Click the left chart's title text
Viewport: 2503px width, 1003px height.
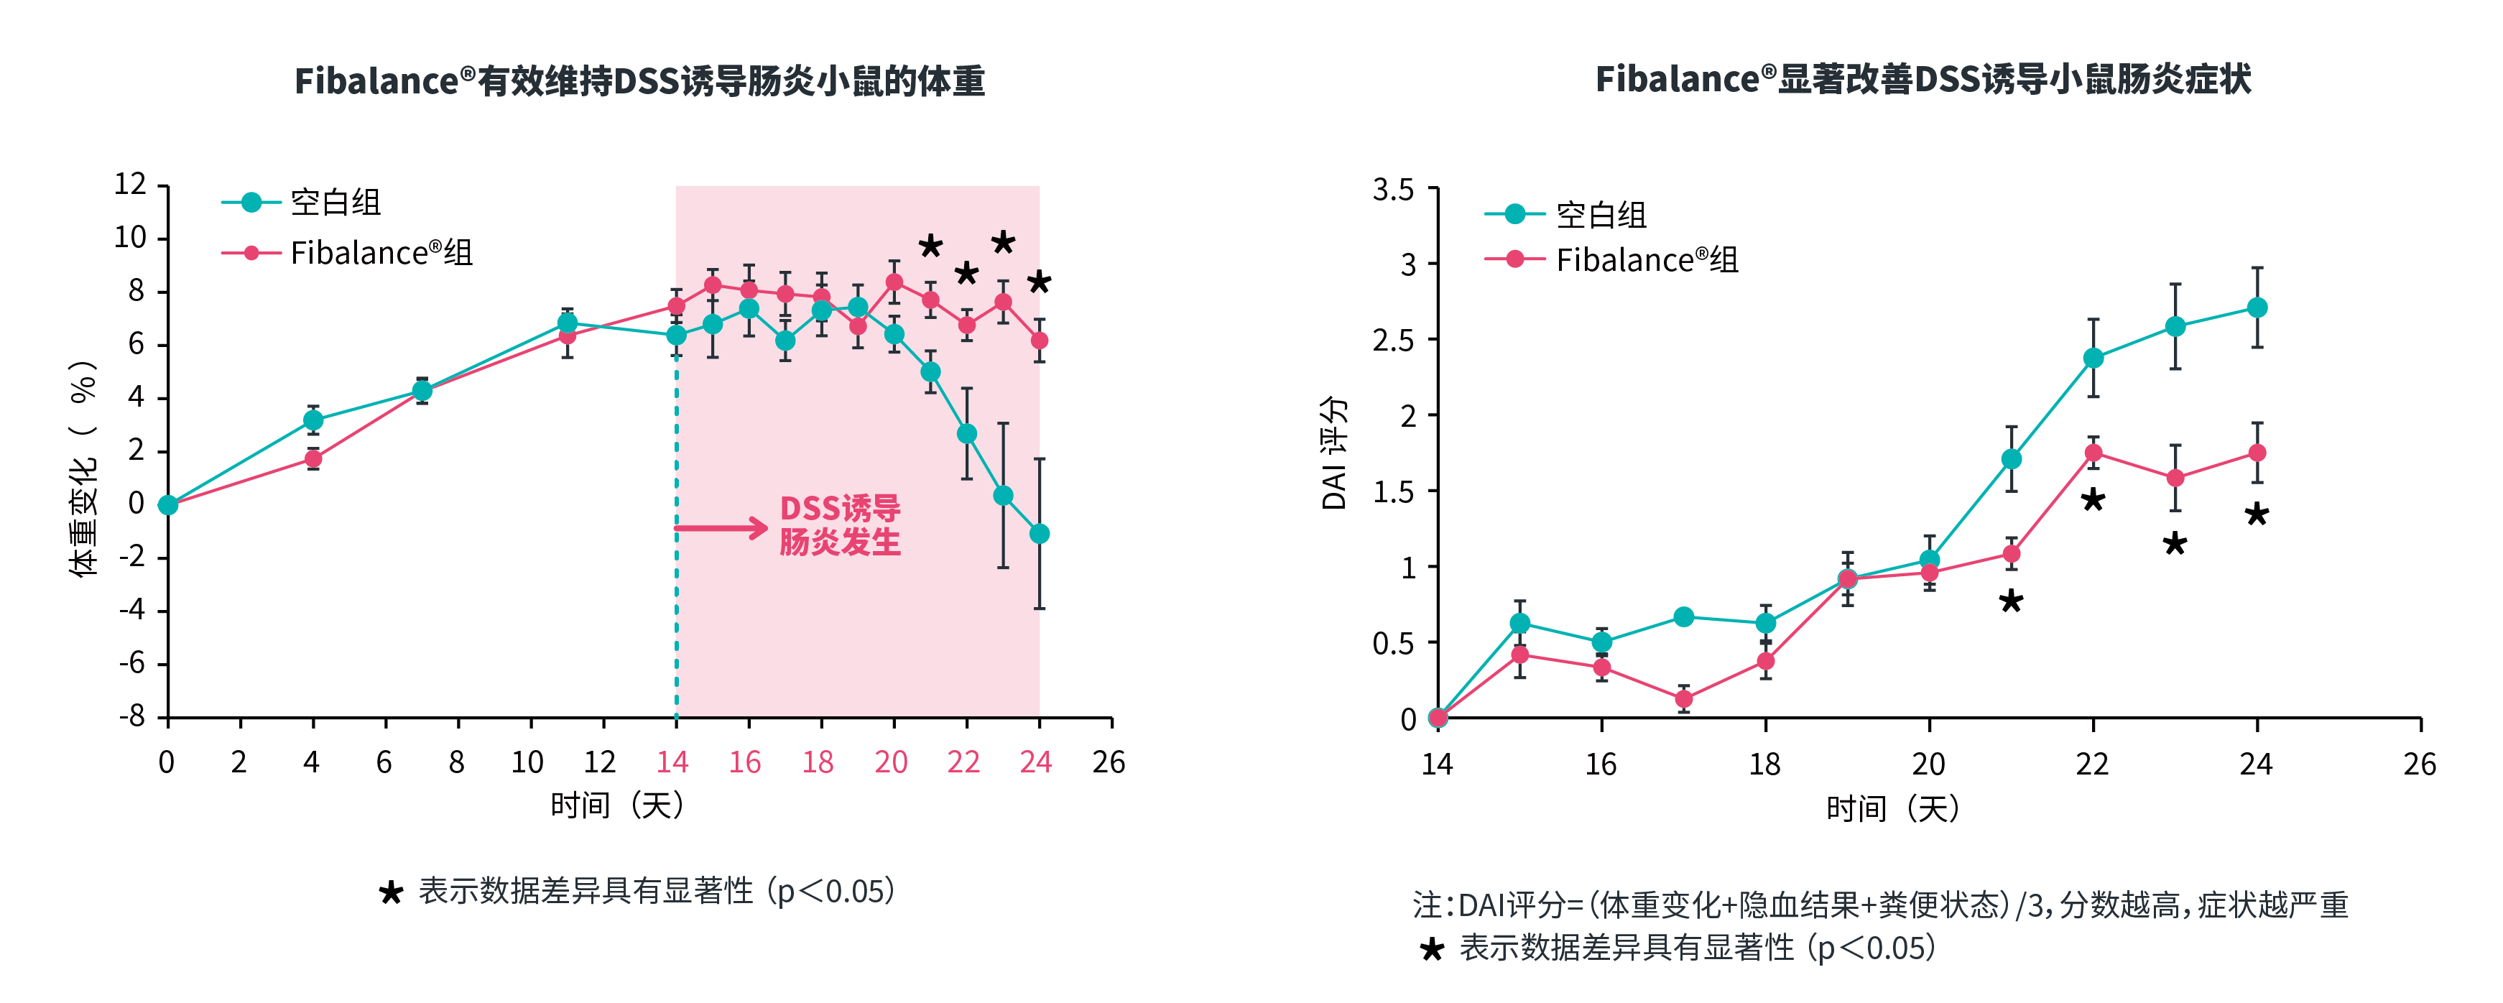point(639,80)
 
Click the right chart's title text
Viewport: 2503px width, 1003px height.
point(1922,79)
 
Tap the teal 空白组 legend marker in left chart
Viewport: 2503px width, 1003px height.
point(251,202)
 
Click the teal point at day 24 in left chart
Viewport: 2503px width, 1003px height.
point(1039,534)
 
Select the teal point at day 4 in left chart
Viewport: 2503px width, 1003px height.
point(313,420)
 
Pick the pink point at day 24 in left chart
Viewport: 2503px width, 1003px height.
point(1039,340)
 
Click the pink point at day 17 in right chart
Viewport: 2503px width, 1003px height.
point(1684,699)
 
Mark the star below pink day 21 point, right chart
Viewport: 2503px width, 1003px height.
point(2010,601)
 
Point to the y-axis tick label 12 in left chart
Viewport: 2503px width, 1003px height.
point(130,185)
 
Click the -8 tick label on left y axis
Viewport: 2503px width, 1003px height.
point(132,716)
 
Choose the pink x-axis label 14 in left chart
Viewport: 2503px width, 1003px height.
point(672,762)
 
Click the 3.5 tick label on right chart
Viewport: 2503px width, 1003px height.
point(1392,190)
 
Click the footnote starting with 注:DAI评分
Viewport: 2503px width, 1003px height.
point(1879,905)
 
